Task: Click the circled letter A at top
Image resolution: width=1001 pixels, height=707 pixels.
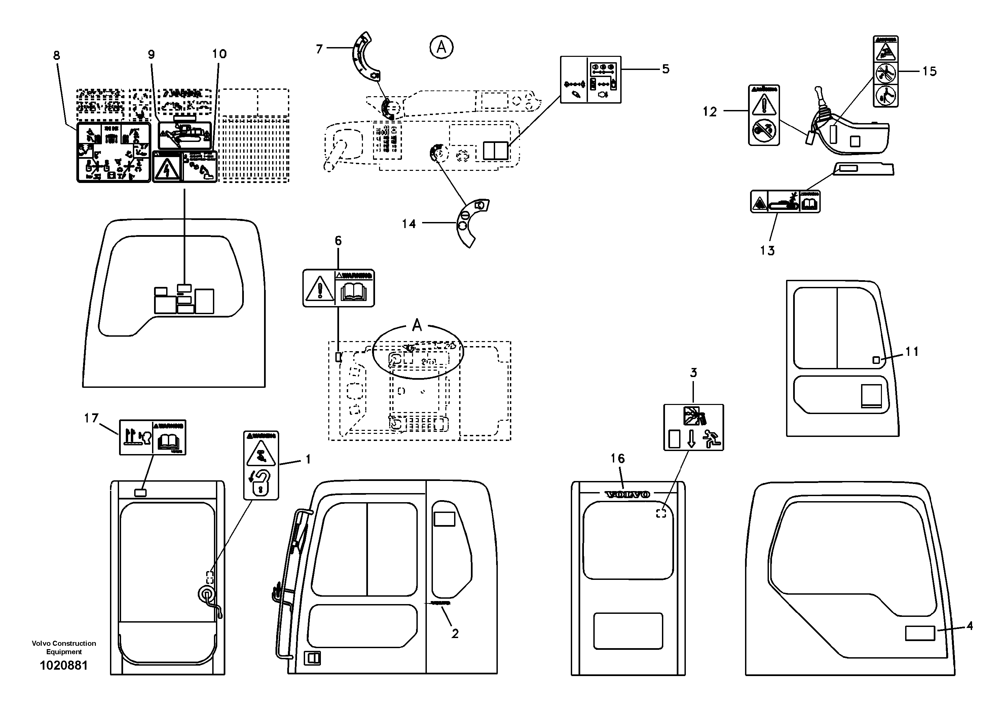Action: coord(441,47)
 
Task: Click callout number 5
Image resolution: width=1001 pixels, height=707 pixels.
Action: coord(665,69)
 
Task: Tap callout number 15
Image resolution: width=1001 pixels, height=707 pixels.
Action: coord(929,71)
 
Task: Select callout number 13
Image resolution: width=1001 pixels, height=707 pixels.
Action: coord(767,251)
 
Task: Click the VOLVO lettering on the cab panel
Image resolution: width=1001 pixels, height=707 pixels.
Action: coord(627,494)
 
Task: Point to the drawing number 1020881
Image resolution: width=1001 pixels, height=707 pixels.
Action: coord(64,666)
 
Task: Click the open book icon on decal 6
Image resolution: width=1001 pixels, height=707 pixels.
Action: coord(353,292)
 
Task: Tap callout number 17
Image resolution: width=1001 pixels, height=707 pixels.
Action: coord(91,418)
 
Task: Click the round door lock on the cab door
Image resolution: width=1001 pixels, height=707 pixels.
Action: coord(206,593)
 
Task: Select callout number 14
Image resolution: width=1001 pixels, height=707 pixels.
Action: coord(409,224)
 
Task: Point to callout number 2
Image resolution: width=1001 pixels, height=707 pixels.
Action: coord(455,634)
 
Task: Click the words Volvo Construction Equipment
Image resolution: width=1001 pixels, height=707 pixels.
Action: coord(64,647)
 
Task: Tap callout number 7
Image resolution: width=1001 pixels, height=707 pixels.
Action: coord(319,49)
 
